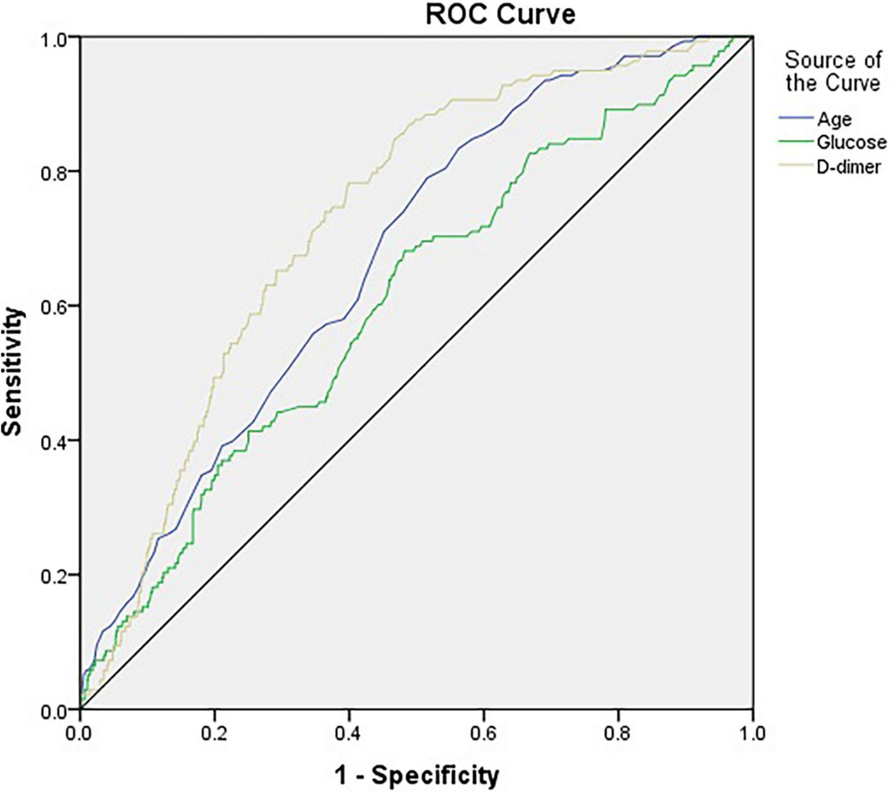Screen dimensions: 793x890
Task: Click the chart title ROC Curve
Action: click(x=500, y=14)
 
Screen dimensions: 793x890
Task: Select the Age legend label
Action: click(x=834, y=119)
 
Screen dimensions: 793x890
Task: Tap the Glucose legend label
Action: click(x=851, y=142)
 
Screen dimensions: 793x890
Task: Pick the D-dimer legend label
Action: click(x=848, y=166)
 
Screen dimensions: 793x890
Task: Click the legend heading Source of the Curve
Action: click(x=832, y=72)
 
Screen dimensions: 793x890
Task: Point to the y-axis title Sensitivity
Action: click(x=13, y=372)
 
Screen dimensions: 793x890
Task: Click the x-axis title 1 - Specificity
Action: click(x=416, y=775)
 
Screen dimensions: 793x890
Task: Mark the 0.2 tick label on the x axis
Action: click(x=214, y=733)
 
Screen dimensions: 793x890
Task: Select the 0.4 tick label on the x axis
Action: click(x=349, y=733)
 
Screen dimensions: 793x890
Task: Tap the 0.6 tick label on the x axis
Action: click(x=483, y=733)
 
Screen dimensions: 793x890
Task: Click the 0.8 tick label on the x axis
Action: click(x=618, y=733)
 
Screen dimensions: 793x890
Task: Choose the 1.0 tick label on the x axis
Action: click(x=752, y=733)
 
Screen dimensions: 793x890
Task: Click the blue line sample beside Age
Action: click(x=796, y=118)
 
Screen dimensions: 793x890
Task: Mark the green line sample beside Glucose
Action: click(x=796, y=141)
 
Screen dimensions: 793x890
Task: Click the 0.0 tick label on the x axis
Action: click(x=80, y=733)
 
